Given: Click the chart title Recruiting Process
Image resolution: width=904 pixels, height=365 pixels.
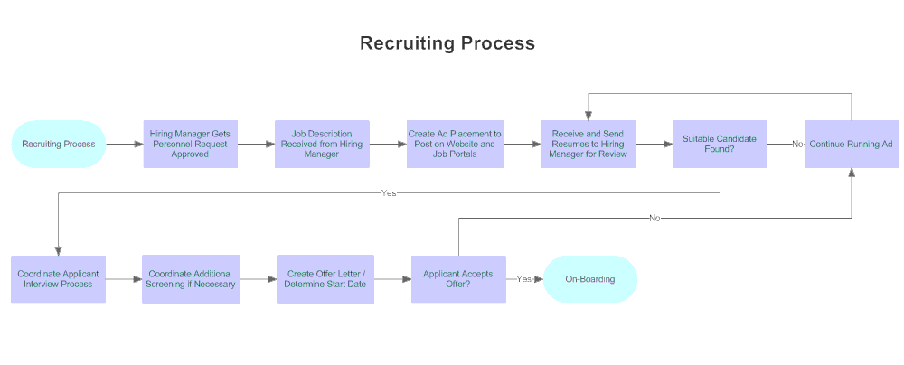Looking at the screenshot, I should pyautogui.click(x=447, y=43).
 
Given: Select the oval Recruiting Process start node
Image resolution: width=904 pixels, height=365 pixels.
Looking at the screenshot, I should pyautogui.click(x=59, y=144).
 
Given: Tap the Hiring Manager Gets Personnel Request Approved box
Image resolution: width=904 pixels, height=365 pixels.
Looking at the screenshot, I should pyautogui.click(x=190, y=144).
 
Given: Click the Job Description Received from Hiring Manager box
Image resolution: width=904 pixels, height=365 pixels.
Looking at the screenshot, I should pyautogui.click(x=322, y=144).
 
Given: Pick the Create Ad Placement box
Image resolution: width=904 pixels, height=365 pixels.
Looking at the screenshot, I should pyautogui.click(x=454, y=144).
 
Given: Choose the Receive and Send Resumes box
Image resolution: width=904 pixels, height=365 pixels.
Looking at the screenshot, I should pyautogui.click(x=588, y=144).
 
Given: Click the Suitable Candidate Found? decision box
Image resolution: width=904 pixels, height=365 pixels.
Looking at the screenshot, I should pyautogui.click(x=720, y=144).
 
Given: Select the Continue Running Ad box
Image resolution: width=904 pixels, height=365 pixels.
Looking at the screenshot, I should pyautogui.click(x=851, y=144).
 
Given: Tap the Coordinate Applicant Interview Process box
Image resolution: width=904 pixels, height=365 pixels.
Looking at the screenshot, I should pyautogui.click(x=59, y=279).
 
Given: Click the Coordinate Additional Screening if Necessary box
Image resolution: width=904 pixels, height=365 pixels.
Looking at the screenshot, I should pyautogui.click(x=190, y=279).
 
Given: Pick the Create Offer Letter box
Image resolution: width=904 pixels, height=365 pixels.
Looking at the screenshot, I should pyautogui.click(x=325, y=279).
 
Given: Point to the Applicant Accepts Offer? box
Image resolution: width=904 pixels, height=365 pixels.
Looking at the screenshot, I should pyautogui.click(x=458, y=279).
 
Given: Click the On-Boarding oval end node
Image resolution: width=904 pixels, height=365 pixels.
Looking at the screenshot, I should pyautogui.click(x=590, y=279).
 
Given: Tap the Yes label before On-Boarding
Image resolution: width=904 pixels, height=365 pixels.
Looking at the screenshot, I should pyautogui.click(x=524, y=279).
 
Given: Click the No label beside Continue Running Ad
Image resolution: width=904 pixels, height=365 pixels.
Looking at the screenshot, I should pyautogui.click(x=797, y=144).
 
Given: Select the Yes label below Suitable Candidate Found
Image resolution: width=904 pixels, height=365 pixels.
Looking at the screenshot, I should pyautogui.click(x=389, y=192).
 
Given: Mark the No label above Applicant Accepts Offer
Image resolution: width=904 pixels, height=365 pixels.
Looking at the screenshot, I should pyautogui.click(x=654, y=218).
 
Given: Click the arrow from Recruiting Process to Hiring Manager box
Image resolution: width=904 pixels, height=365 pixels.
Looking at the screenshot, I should pyautogui.click(x=125, y=144).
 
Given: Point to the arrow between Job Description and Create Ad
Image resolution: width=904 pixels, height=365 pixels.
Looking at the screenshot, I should pyautogui.click(x=388, y=144).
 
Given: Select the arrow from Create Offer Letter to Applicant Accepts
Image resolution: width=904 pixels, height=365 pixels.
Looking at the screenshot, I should pyautogui.click(x=392, y=279).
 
